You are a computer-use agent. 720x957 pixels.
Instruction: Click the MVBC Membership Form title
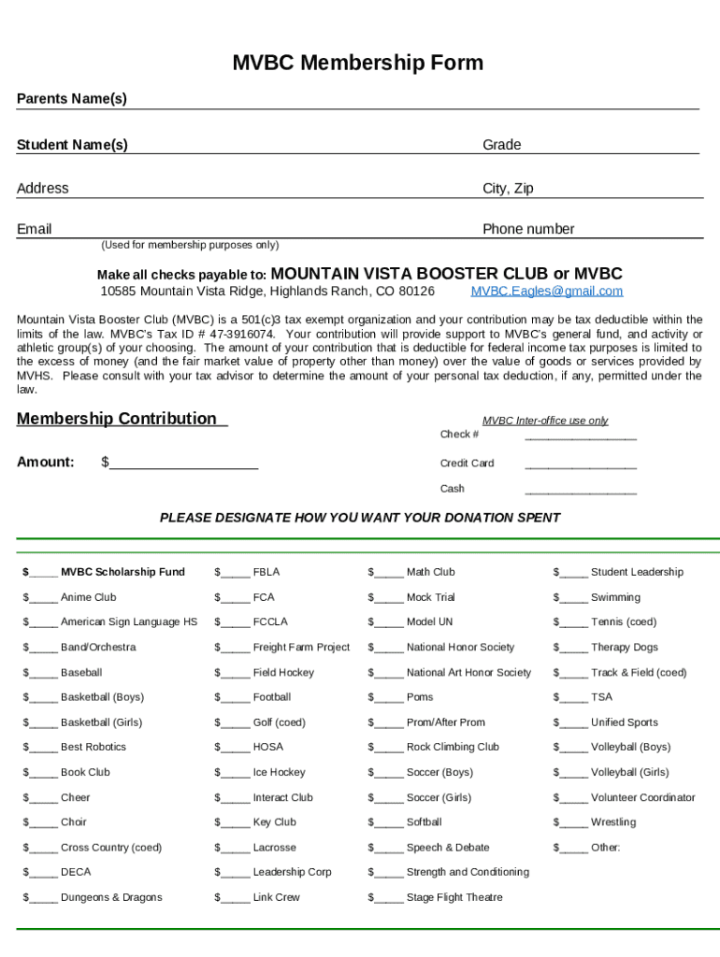358,64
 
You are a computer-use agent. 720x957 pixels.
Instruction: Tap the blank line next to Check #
580,436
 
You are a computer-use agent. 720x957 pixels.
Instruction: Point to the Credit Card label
467,464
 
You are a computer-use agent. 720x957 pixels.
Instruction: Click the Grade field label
501,145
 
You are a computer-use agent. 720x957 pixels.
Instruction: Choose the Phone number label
528,229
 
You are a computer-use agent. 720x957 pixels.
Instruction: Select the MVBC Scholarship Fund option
122,572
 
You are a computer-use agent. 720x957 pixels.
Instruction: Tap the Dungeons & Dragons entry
111,897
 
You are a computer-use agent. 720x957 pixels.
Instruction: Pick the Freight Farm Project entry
301,647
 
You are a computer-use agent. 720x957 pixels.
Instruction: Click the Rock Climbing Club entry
453,747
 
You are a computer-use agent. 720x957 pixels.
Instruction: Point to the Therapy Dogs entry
624,647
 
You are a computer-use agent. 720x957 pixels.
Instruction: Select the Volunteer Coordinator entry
642,797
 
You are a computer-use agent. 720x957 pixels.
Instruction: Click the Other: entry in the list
605,848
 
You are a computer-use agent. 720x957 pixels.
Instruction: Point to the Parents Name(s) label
72,99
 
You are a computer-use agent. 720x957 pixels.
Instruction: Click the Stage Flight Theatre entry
454,897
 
